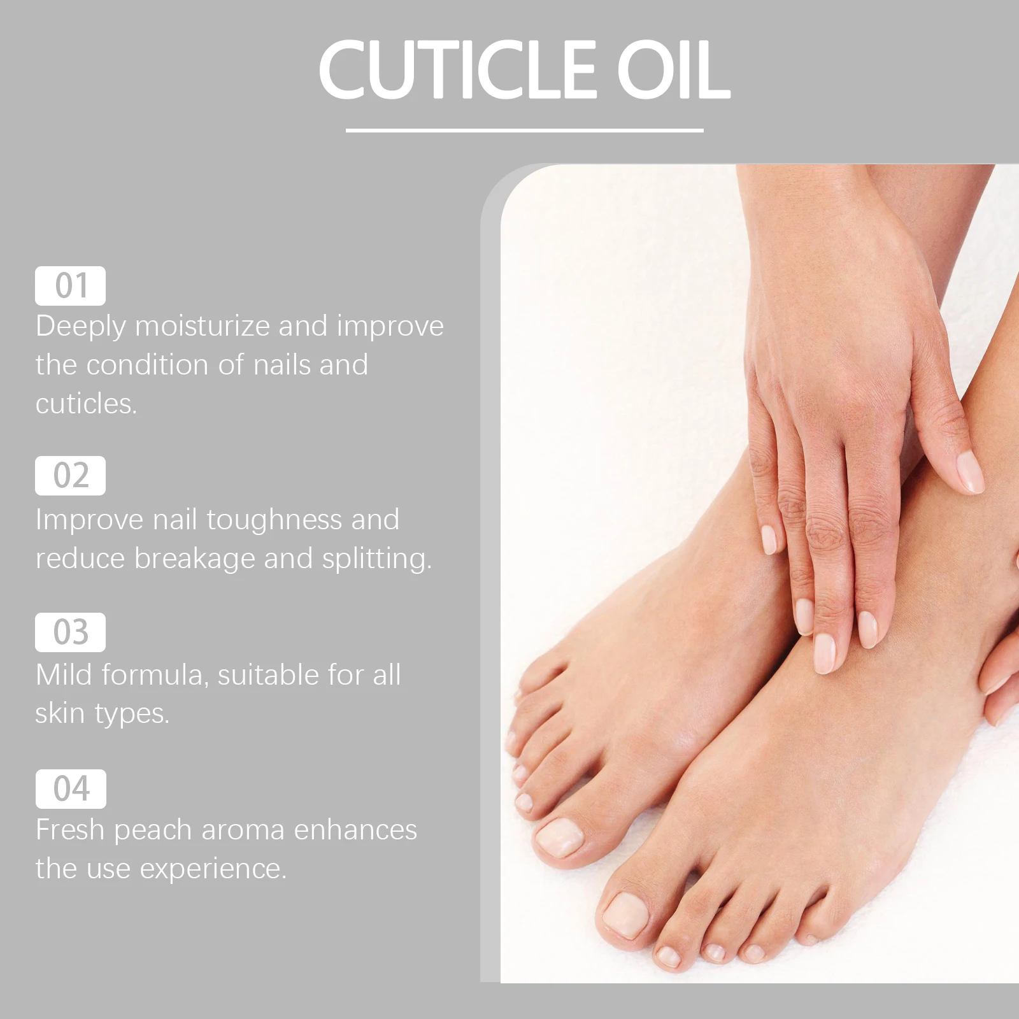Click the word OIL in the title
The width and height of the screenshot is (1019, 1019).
click(x=673, y=69)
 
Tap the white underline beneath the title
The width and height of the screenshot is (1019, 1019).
click(x=524, y=131)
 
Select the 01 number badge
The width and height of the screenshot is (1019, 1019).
click(x=70, y=285)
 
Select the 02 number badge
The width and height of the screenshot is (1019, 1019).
click(x=70, y=475)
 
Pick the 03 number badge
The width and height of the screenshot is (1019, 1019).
click(x=70, y=632)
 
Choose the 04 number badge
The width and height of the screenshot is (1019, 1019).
click(x=70, y=788)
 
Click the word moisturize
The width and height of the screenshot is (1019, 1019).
click(x=203, y=326)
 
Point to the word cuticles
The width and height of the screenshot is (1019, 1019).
click(x=86, y=404)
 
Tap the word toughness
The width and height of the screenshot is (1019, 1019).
click(x=274, y=520)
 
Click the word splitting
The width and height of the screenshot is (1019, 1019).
click(x=376, y=559)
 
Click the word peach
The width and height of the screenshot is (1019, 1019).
click(x=153, y=830)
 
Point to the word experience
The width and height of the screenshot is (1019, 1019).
click(x=213, y=869)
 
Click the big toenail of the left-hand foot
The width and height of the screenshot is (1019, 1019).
click(x=559, y=837)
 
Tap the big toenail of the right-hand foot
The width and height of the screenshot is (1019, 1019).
click(x=625, y=915)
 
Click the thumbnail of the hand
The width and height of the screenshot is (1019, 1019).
click(x=970, y=471)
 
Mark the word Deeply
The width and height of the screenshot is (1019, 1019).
click(x=81, y=327)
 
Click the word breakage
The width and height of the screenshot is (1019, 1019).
click(x=195, y=559)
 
